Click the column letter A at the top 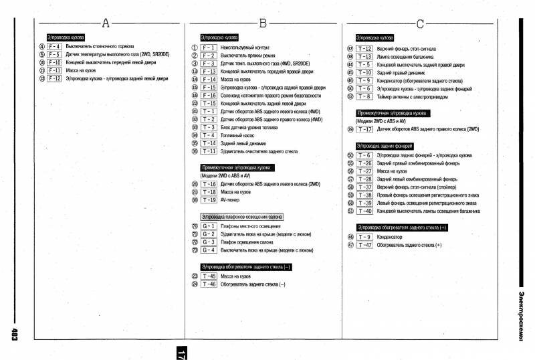[105, 24]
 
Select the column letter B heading [263, 24]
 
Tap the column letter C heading [420, 24]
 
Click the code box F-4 [54, 46]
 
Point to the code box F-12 [54, 78]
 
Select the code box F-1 [208, 48]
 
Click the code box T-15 [208, 104]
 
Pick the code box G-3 [208, 242]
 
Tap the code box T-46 [208, 284]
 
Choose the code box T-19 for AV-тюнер [208, 199]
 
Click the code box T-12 [364, 49]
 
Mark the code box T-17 [364, 128]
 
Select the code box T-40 [364, 211]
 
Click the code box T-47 [364, 245]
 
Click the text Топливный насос [239, 136]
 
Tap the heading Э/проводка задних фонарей [385, 145]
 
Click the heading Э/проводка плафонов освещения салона [241, 217]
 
